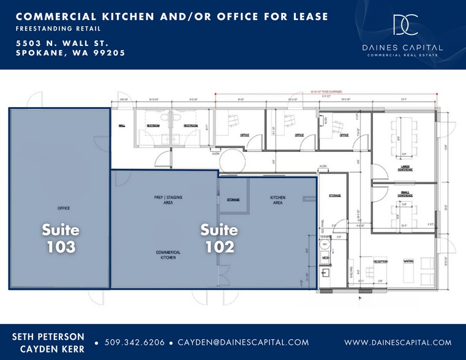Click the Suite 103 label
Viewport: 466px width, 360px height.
[60, 239]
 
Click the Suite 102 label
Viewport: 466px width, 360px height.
[219, 239]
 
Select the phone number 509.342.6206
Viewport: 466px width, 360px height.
[135, 343]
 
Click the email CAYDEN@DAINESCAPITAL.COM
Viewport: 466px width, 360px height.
[244, 343]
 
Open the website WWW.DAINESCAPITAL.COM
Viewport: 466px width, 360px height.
[398, 343]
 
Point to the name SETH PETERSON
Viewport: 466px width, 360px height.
[48, 336]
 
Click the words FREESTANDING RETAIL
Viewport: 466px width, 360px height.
[59, 29]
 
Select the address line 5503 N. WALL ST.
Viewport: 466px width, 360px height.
[62, 43]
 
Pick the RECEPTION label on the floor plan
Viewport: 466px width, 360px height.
[381, 261]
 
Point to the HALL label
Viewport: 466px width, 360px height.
[121, 126]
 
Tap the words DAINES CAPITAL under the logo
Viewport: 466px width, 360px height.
[402, 47]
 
